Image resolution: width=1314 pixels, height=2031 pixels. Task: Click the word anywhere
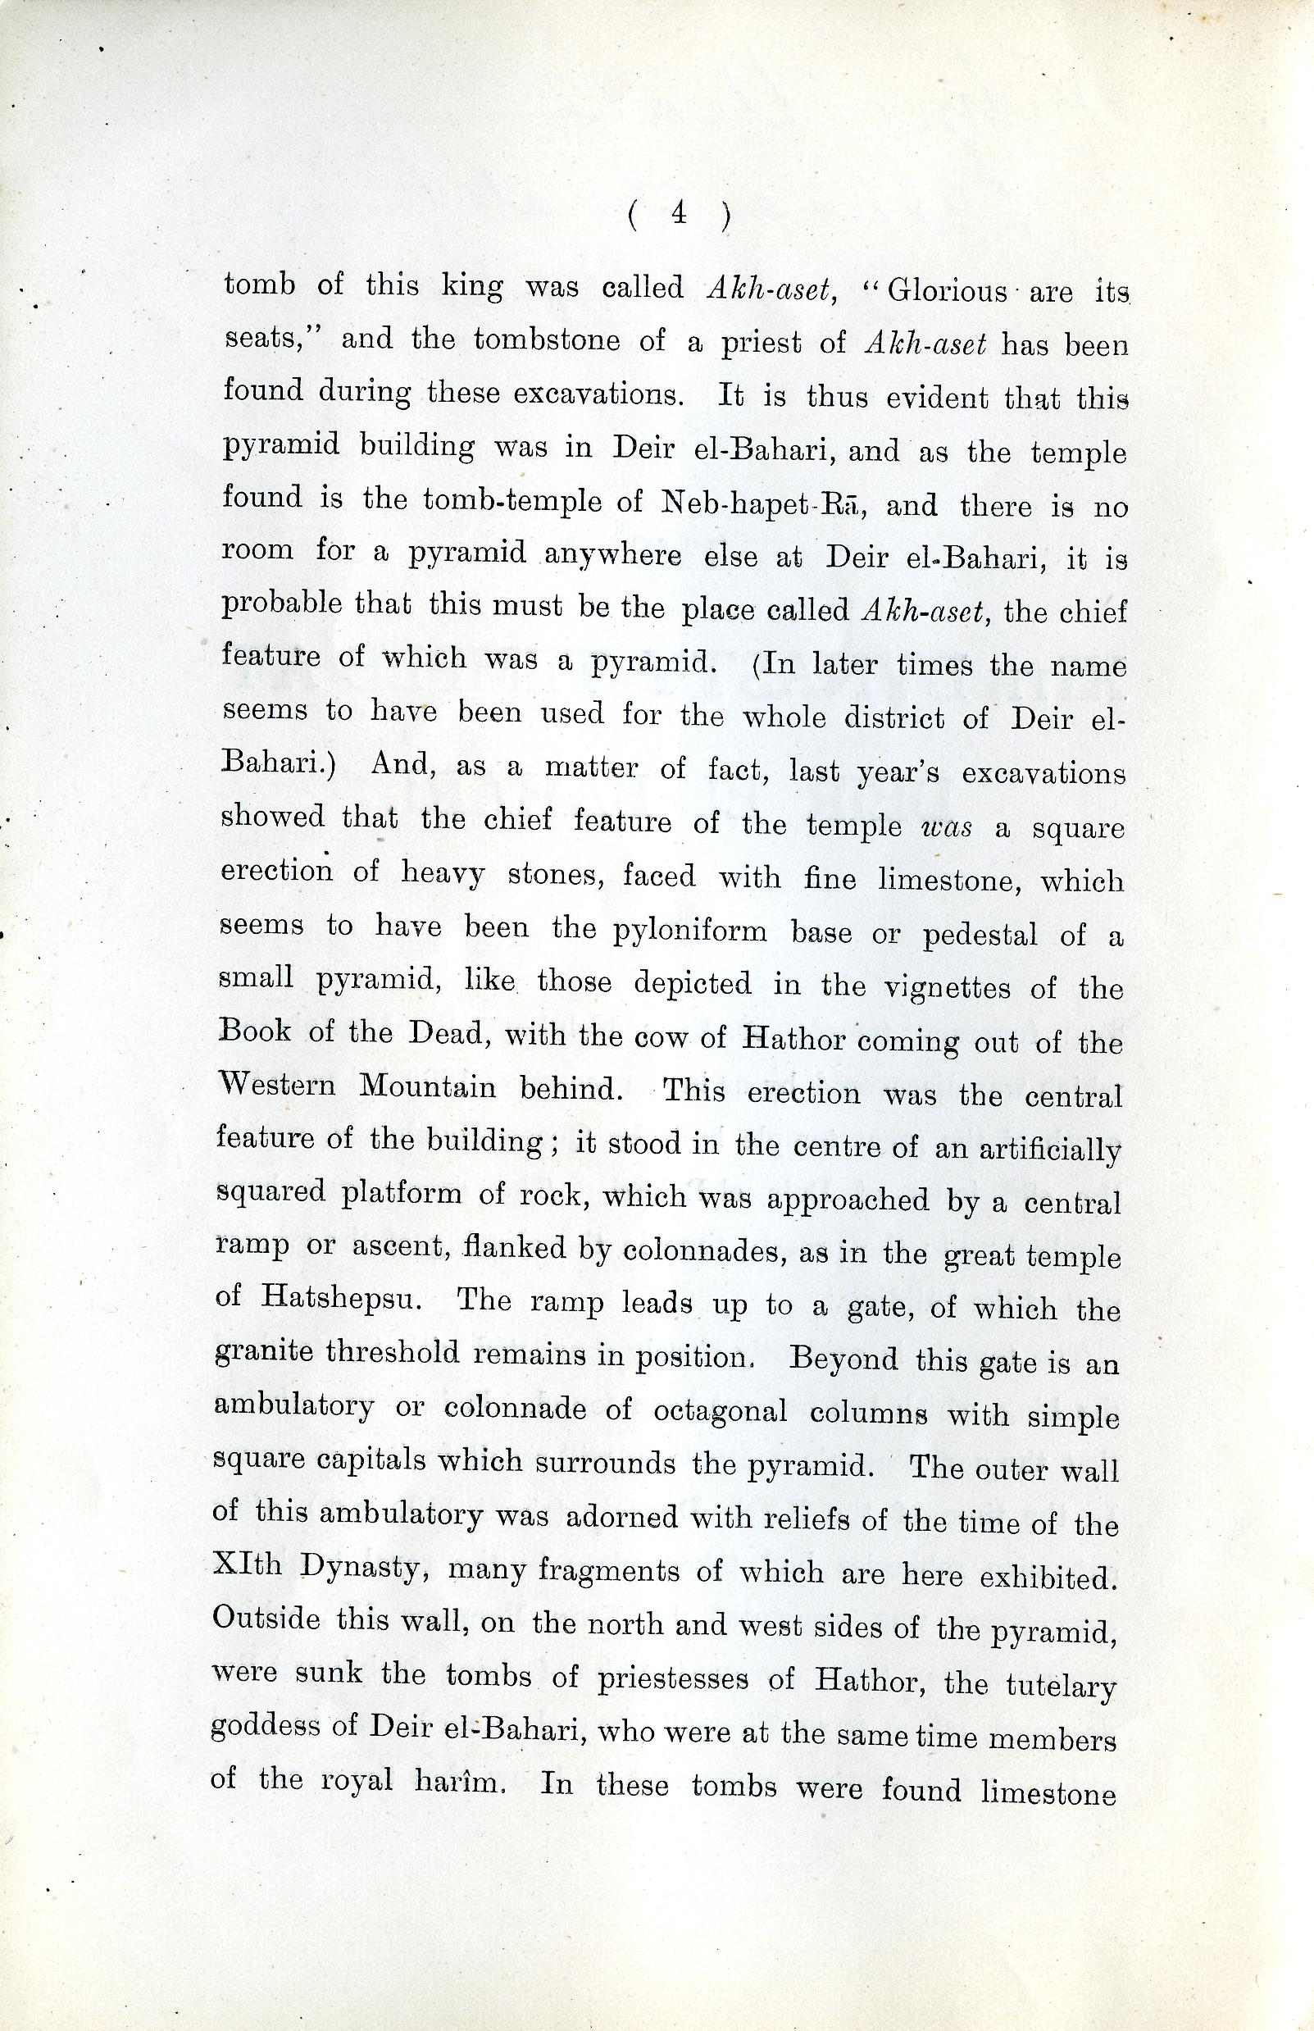(612, 556)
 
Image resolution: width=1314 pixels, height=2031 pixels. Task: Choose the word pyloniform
(689, 931)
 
